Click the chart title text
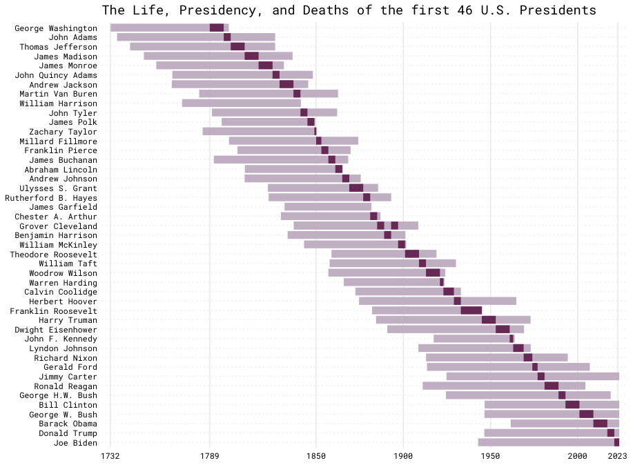point(349,10)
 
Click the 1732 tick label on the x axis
point(110,456)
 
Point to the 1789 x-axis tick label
point(210,456)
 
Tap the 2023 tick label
point(616,456)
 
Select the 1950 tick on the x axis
point(491,456)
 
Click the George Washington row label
point(56,28)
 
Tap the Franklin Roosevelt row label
point(54,311)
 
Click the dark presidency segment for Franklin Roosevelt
point(471,310)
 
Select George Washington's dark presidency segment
point(217,28)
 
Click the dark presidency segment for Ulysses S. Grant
point(356,188)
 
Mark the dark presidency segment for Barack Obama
point(601,424)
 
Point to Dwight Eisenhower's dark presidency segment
point(503,329)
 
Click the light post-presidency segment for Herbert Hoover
point(489,301)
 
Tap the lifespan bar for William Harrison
point(241,103)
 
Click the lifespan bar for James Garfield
point(328,206)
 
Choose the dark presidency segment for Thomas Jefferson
point(237,46)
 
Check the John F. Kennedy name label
point(61,339)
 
